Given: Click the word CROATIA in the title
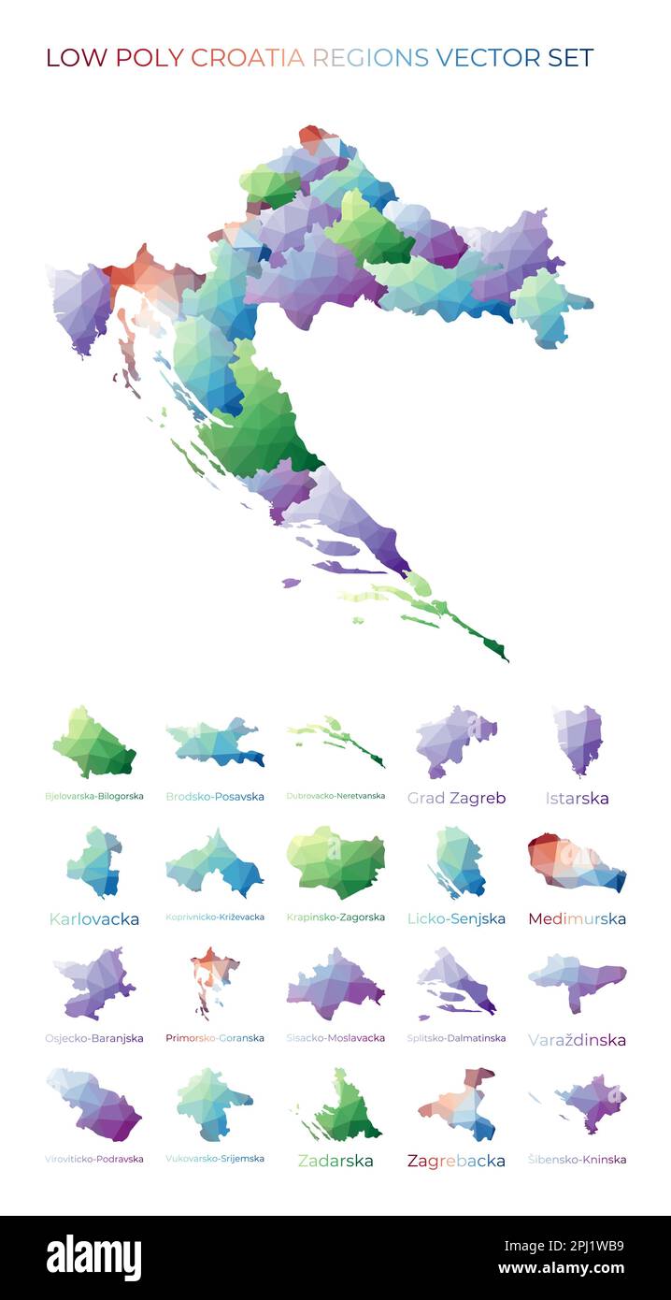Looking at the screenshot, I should tap(248, 58).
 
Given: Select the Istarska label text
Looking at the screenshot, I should tap(577, 798).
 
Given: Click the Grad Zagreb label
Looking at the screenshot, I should tap(456, 798).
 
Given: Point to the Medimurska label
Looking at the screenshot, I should tap(577, 918).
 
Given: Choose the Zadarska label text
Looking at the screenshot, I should tap(335, 1161).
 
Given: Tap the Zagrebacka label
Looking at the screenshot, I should tap(456, 1161).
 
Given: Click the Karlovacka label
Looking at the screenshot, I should tap(94, 918).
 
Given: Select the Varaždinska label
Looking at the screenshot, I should tap(577, 1039).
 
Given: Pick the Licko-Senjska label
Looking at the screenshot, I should tap(456, 918).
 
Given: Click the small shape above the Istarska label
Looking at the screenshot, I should tap(578, 739).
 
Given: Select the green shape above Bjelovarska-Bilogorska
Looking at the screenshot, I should tap(93, 744).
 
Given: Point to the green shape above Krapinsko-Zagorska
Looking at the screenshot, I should tap(335, 861).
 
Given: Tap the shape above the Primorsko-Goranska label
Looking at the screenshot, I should tap(214, 977).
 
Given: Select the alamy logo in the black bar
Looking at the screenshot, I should tap(93, 1258).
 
